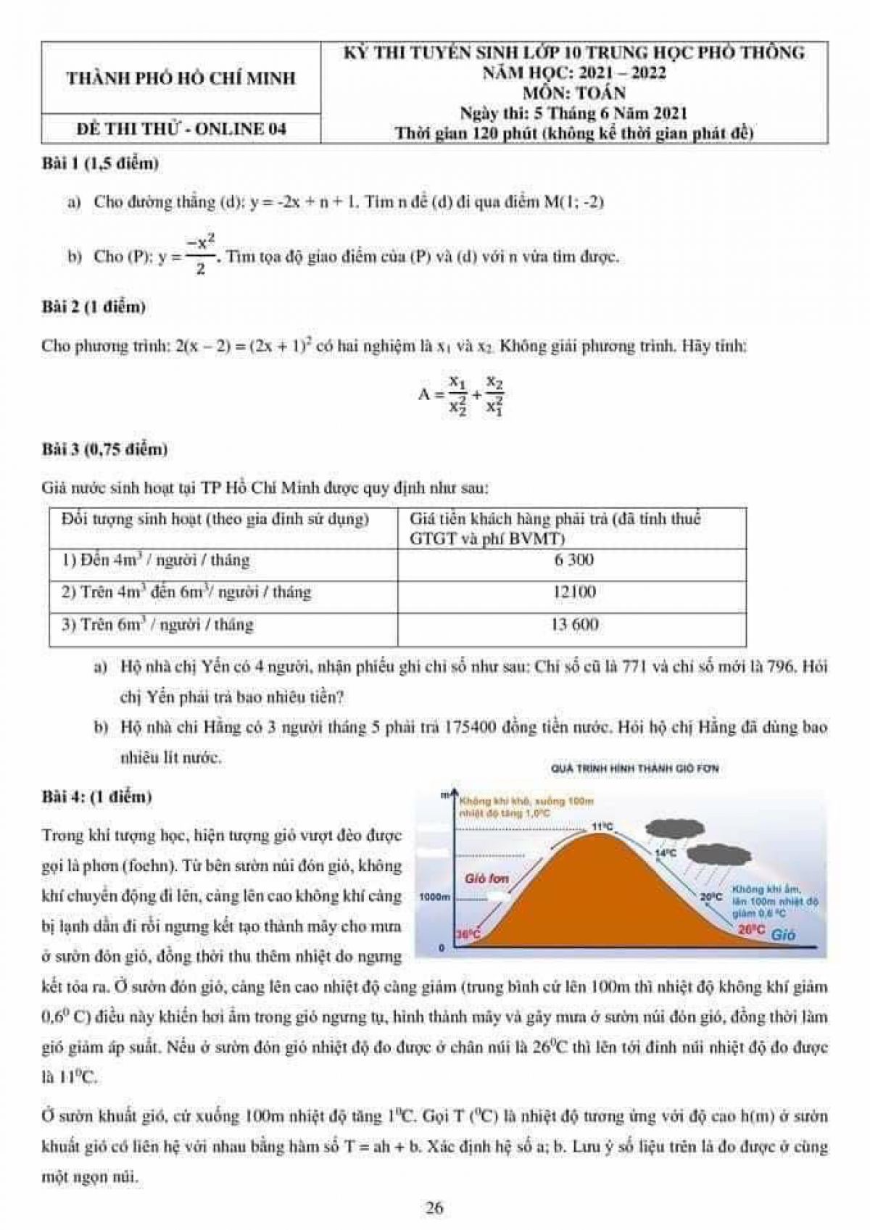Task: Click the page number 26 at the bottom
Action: point(434,1208)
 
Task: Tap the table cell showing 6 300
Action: point(573,560)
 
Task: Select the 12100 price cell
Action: point(573,591)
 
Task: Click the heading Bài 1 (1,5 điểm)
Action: point(100,164)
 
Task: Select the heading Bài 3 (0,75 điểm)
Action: point(104,449)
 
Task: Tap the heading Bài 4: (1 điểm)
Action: point(97,797)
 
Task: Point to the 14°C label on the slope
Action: point(665,854)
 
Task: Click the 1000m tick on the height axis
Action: point(435,897)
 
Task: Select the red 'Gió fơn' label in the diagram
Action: point(486,878)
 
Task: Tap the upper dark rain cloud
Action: point(675,827)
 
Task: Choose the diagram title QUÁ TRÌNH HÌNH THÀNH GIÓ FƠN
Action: point(634,768)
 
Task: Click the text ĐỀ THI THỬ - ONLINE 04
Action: point(181,129)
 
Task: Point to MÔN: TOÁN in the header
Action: point(573,92)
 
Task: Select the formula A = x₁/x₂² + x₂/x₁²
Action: point(461,395)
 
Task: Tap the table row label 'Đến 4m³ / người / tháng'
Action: point(155,560)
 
